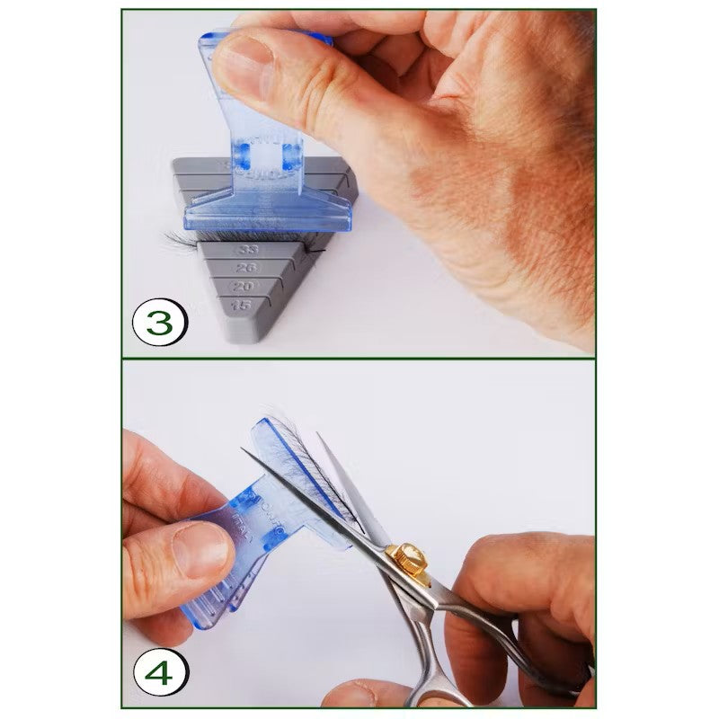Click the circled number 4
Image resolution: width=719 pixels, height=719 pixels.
point(158,671)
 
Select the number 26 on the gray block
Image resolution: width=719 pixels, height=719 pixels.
point(241,268)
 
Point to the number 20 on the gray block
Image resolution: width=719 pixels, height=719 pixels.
point(241,287)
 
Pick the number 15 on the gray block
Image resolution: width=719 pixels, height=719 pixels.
point(241,306)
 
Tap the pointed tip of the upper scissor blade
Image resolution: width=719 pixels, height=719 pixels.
point(246,450)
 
